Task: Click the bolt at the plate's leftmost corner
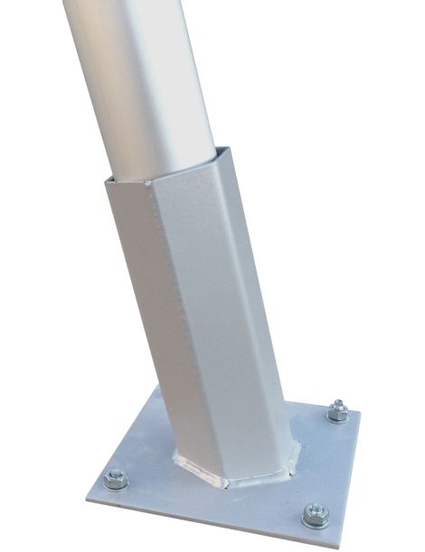(x=115, y=480)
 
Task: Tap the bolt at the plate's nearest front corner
(x=315, y=515)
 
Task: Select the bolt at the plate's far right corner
(x=338, y=411)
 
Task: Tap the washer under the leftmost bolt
(x=115, y=484)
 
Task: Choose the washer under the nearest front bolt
(x=315, y=520)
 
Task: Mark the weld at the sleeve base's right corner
(x=295, y=448)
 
